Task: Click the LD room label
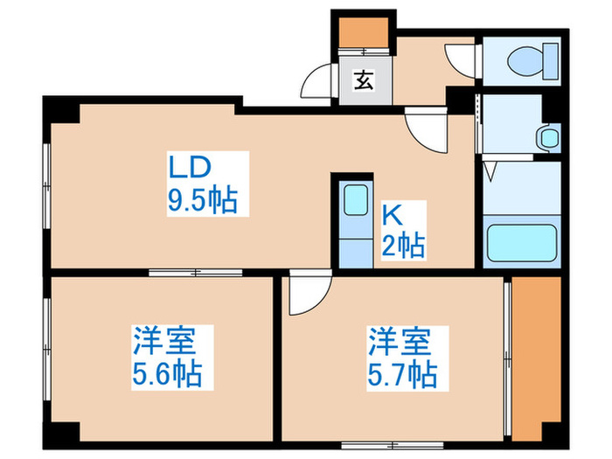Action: [x=191, y=167]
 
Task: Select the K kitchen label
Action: [x=391, y=213]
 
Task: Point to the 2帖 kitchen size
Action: [x=403, y=245]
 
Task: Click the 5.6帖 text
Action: [x=167, y=375]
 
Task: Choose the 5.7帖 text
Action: [x=401, y=375]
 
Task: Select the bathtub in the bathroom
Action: [x=522, y=245]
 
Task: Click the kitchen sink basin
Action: [x=355, y=199]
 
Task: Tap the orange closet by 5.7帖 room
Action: [x=535, y=358]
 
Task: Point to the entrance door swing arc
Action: [x=316, y=84]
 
